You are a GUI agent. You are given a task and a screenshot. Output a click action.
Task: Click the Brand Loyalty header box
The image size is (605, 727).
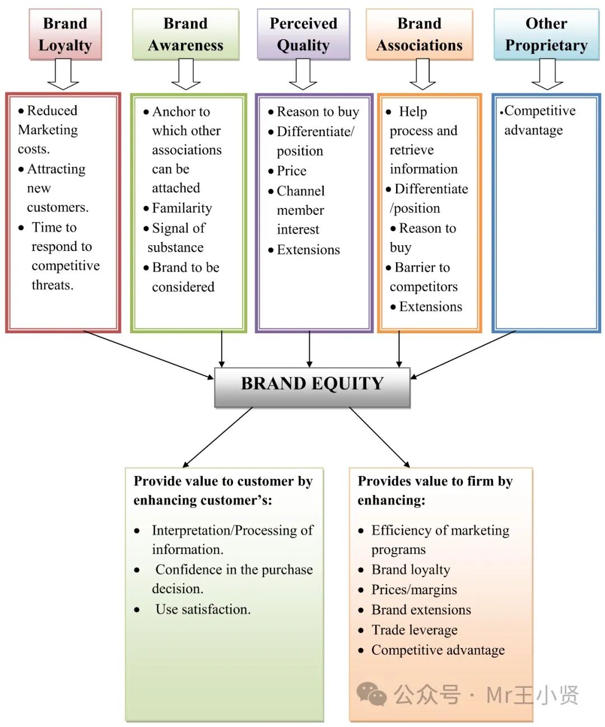click(x=65, y=34)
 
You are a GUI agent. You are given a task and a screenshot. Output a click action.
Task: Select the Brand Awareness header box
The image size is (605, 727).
click(x=185, y=34)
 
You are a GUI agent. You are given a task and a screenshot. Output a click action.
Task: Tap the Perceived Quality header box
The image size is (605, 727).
click(x=303, y=34)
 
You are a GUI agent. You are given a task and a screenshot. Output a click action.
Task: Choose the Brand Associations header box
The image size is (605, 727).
click(x=419, y=34)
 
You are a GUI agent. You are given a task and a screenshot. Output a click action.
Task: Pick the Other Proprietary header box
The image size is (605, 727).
click(x=546, y=34)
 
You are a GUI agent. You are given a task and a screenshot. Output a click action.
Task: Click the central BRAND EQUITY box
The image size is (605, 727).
click(x=312, y=386)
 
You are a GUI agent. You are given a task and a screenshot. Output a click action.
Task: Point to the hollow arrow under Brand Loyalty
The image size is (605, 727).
click(x=63, y=74)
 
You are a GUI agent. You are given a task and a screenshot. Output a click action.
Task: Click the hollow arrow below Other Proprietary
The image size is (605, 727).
click(x=547, y=74)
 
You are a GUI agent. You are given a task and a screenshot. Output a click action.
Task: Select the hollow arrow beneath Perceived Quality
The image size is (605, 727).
click(x=303, y=74)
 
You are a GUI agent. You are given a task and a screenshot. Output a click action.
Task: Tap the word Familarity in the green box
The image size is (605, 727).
click(x=182, y=208)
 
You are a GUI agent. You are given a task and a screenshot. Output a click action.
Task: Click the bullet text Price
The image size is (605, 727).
click(x=291, y=171)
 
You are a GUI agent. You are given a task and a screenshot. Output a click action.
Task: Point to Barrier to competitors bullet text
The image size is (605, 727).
click(x=423, y=277)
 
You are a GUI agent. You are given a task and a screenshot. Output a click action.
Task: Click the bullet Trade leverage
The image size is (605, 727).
click(x=414, y=630)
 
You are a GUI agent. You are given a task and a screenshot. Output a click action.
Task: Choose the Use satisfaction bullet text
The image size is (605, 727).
click(x=203, y=609)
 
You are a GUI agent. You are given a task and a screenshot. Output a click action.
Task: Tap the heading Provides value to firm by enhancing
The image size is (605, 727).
click(x=435, y=491)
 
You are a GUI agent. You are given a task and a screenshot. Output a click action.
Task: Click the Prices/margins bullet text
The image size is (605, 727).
click(x=414, y=590)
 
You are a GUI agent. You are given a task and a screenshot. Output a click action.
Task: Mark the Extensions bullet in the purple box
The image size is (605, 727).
click(x=308, y=250)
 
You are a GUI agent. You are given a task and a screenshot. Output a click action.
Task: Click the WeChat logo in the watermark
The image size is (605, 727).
click(x=371, y=695)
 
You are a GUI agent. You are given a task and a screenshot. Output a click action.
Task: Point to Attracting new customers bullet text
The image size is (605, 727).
click(x=56, y=188)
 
